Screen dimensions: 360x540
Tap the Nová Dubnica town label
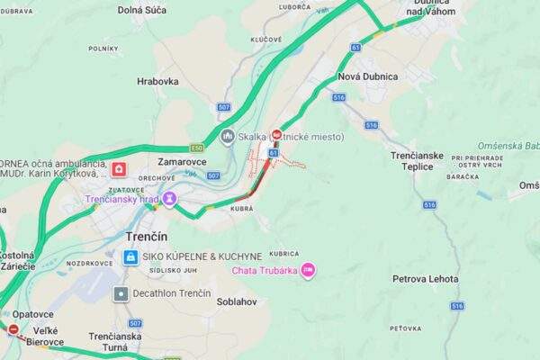[367, 76]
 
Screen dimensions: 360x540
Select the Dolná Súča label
[142, 10]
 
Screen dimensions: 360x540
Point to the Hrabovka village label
[157, 81]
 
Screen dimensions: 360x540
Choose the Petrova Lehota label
[425, 279]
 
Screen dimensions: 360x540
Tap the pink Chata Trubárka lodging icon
[308, 269]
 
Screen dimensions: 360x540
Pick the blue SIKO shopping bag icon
[131, 257]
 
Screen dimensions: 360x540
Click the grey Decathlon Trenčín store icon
[121, 293]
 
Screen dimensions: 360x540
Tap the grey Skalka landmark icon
[227, 137]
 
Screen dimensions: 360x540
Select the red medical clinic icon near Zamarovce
[119, 168]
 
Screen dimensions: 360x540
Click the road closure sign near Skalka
[277, 135]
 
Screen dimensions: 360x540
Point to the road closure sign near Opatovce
[13, 329]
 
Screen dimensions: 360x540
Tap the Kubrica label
[283, 254]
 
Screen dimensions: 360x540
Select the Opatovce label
[34, 313]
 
